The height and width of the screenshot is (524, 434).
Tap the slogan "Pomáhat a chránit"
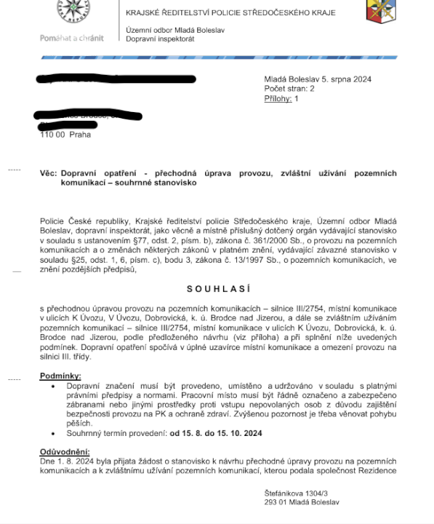71,38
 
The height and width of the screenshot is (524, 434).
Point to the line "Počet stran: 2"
289,89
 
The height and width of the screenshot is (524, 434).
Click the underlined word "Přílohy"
276,98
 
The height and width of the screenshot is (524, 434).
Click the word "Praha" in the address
80,135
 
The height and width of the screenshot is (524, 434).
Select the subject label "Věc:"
48,175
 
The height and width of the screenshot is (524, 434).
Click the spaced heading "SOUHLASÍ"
217,289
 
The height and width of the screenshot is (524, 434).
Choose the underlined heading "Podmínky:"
60,376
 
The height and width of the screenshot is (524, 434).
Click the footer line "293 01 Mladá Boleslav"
302,503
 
